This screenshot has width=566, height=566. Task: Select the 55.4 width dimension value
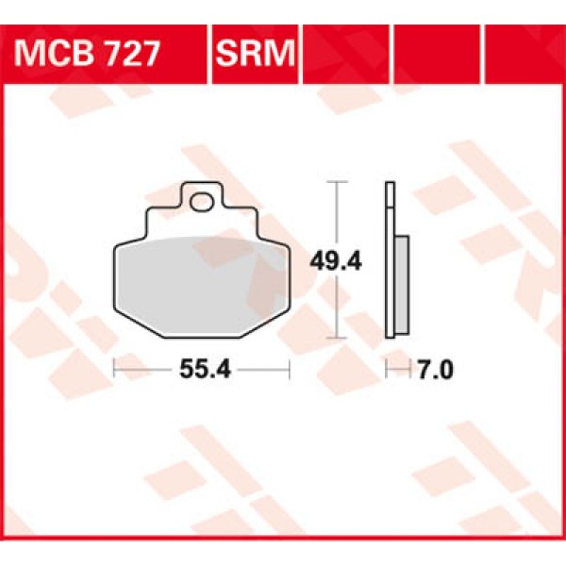tap(201, 371)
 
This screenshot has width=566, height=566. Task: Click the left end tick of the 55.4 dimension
tap(113, 371)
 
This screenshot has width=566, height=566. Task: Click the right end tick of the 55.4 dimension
tap(289, 371)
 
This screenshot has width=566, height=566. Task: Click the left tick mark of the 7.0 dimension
tap(386, 371)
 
